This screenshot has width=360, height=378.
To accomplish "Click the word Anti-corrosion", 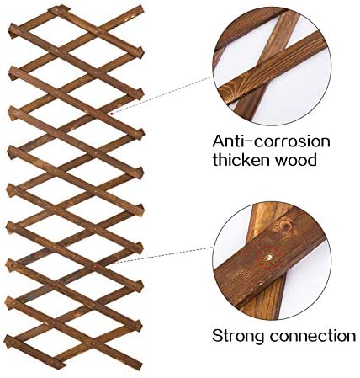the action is coord(271,141).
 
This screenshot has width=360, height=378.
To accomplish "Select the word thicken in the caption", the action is coord(241,160).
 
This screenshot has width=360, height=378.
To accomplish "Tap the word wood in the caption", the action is coord(295,160).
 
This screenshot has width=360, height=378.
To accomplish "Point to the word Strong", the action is coord(238,336).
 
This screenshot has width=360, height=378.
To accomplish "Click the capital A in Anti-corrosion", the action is coord(219,141).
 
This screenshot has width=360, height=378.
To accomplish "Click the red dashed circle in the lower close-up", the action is coord(269,258).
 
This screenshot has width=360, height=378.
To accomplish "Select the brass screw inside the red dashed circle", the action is coord(269,257).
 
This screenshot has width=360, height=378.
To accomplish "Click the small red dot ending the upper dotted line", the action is coord(112,114).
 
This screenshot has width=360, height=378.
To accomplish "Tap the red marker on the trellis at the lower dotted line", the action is coord(97,265).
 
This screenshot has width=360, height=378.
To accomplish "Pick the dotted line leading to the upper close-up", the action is coord(162,95).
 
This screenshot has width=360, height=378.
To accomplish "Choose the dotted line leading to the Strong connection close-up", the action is coord(165,255).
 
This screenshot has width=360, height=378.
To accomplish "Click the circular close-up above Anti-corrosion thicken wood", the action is coord(272,67).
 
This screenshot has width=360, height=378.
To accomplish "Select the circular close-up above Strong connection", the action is coord(272,261).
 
